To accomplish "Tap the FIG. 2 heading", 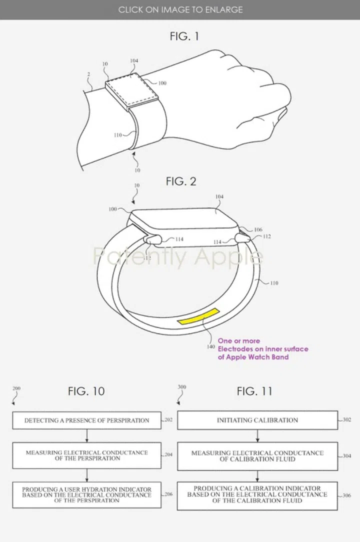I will (x=180, y=181).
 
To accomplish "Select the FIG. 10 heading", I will (x=86, y=391).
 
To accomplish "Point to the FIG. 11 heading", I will (x=254, y=391).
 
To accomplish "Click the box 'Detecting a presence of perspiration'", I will (x=87, y=420).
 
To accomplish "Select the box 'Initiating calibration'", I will (x=257, y=420).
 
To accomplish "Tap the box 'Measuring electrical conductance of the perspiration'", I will (x=87, y=455).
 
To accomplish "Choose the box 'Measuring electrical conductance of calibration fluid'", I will (x=257, y=455).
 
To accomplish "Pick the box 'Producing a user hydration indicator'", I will (x=87, y=494).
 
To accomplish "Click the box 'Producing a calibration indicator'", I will (x=257, y=494).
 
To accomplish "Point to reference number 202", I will (x=168, y=420).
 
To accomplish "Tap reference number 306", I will (x=347, y=495).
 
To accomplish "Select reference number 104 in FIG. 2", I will (x=219, y=197).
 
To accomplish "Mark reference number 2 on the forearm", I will (x=88, y=74).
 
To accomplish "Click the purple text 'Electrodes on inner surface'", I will (x=263, y=349).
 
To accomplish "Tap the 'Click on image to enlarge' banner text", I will (x=180, y=9).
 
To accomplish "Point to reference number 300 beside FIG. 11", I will (x=181, y=387).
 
